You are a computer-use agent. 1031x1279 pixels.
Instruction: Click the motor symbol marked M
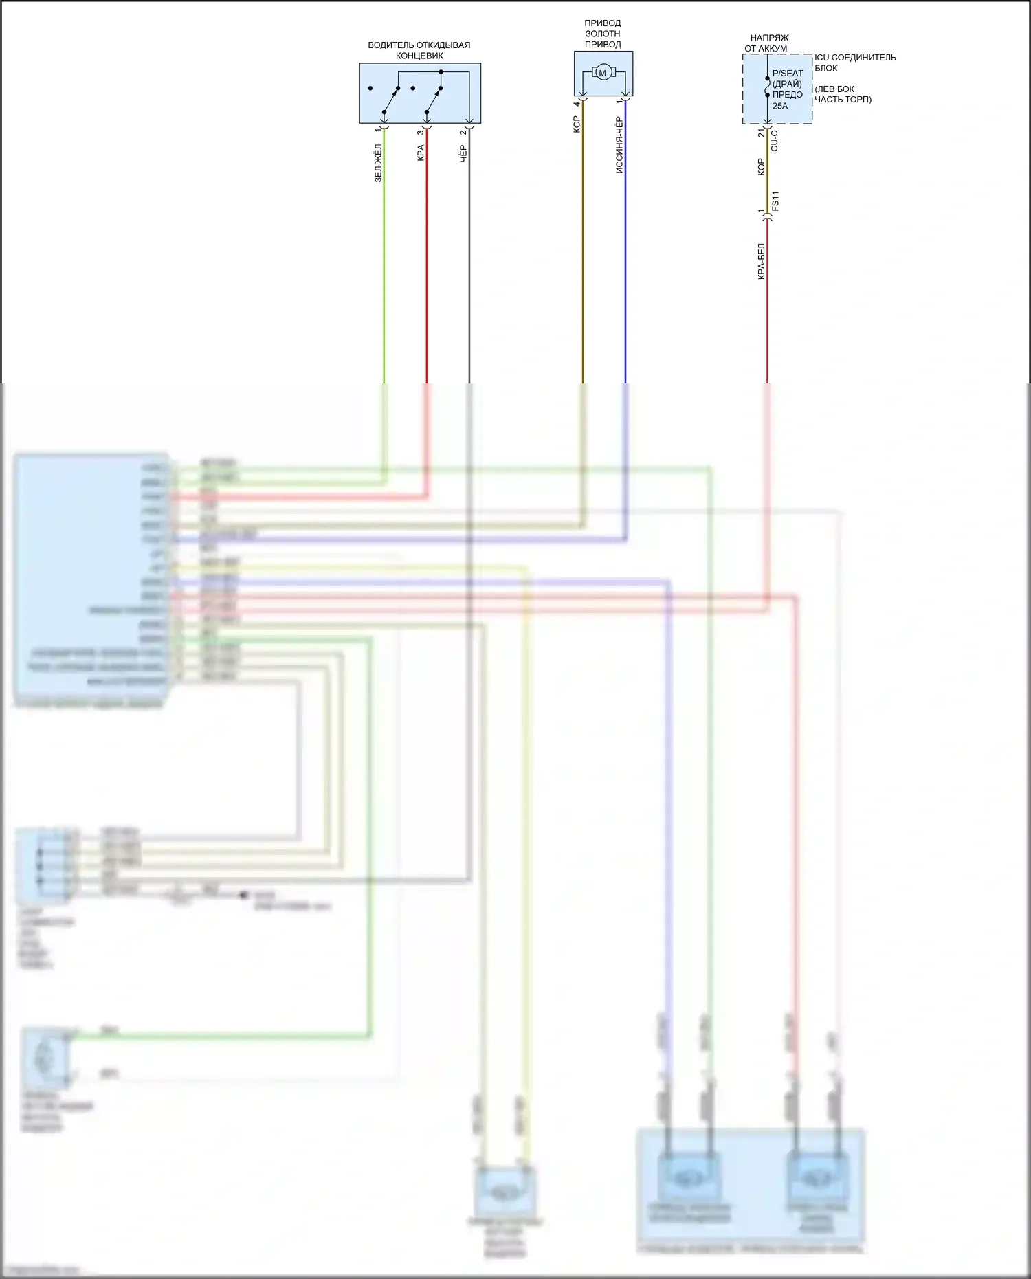tap(603, 73)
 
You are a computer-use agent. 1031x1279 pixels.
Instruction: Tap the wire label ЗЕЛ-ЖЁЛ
tap(378, 164)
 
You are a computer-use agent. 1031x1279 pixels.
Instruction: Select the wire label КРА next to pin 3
tap(421, 153)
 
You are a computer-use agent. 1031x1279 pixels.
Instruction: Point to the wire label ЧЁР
tap(463, 153)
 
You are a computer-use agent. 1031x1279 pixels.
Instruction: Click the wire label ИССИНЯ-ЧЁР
tap(619, 145)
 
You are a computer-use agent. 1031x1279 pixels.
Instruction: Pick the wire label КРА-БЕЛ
tap(761, 261)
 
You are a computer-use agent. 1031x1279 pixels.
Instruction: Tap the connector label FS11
tap(776, 201)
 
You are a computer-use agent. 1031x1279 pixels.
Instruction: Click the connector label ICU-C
tap(775, 141)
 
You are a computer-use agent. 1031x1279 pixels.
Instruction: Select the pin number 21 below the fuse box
tap(762, 132)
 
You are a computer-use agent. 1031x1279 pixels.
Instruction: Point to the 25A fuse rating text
tap(780, 106)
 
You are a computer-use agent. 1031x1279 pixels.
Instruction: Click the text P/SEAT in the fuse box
tap(788, 73)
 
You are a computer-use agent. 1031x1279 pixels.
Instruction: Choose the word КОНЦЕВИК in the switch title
tap(419, 56)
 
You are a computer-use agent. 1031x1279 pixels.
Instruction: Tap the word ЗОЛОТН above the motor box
tap(603, 34)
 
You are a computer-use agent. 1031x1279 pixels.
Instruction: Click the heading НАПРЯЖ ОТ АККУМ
tap(768, 43)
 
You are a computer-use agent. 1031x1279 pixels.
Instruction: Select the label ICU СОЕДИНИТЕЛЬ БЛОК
tap(854, 63)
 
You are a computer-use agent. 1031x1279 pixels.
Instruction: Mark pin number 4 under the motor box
tap(577, 104)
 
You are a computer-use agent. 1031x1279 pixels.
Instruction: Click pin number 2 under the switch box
tap(463, 131)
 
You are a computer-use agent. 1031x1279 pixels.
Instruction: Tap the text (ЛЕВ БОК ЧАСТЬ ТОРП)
tap(843, 94)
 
